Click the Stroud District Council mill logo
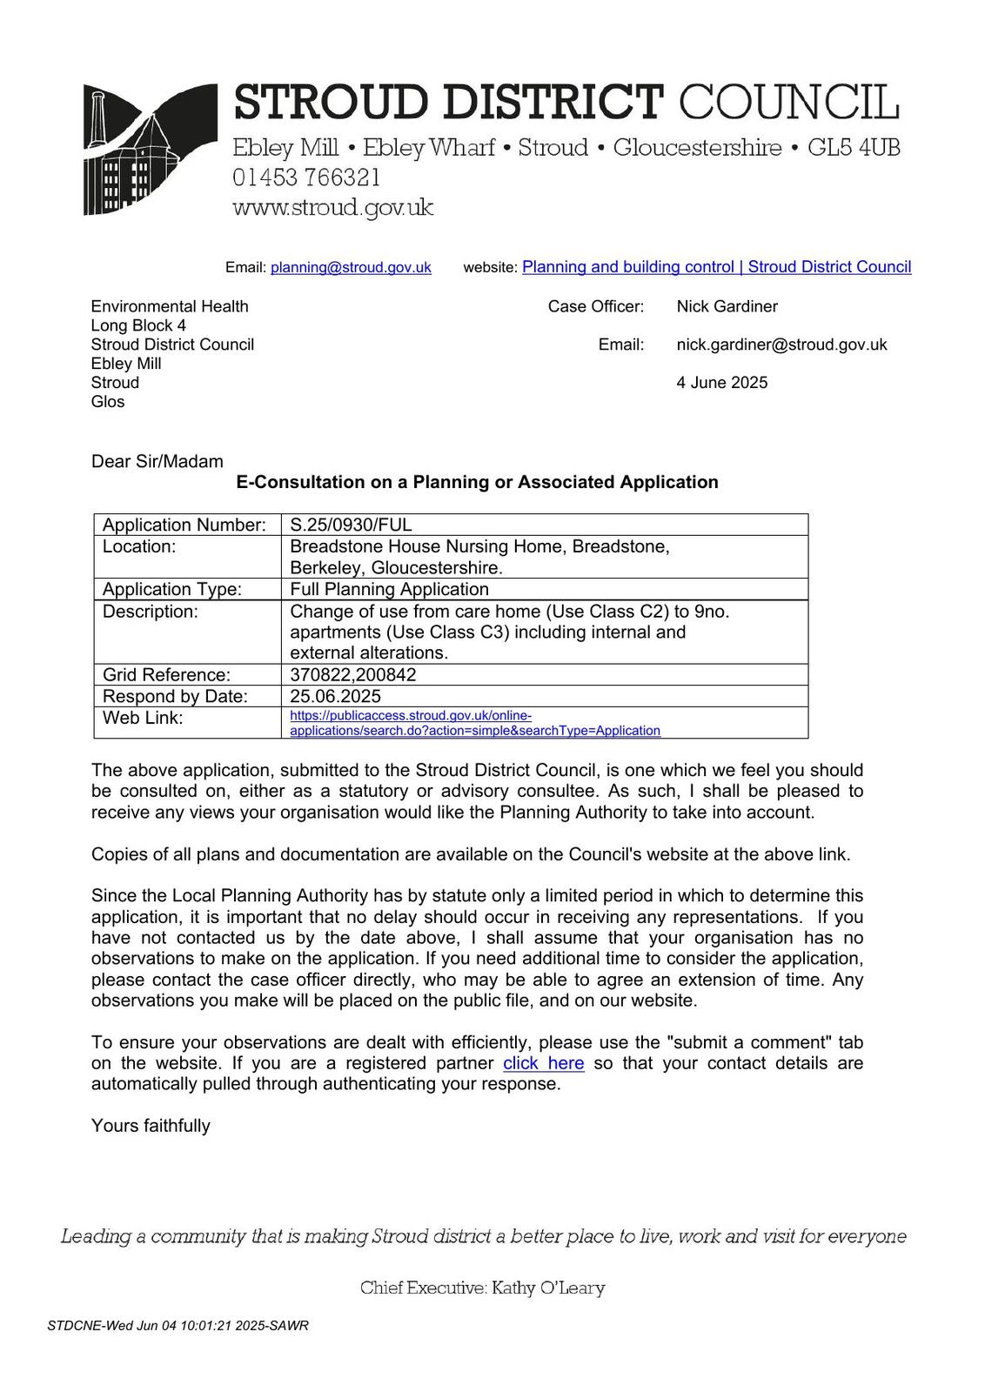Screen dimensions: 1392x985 coord(150,149)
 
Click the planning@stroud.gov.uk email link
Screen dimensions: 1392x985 coord(351,268)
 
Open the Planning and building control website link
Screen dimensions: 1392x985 coord(716,267)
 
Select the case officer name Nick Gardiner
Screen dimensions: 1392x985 coord(727,306)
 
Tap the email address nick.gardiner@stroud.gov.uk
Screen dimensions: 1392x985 coord(781,345)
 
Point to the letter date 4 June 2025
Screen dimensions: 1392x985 coord(721,383)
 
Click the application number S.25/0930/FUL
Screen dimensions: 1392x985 coord(351,525)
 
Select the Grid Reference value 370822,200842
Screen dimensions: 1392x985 coord(352,675)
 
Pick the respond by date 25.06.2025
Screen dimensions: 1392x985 coord(335,696)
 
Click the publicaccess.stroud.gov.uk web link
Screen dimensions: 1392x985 coord(474,723)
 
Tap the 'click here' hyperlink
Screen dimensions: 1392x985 coord(543,1063)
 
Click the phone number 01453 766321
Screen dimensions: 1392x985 coord(306,177)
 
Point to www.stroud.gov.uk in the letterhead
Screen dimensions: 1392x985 coord(332,208)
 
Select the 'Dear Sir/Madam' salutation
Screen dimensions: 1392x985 coord(157,461)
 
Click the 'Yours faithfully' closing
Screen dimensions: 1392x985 coord(151,1126)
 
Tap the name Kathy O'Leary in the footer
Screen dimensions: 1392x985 coord(548,1288)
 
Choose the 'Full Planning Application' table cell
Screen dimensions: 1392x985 coord(389,589)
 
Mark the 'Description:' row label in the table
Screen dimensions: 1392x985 coord(150,612)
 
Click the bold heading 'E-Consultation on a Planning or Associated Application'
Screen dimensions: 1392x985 coord(477,482)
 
